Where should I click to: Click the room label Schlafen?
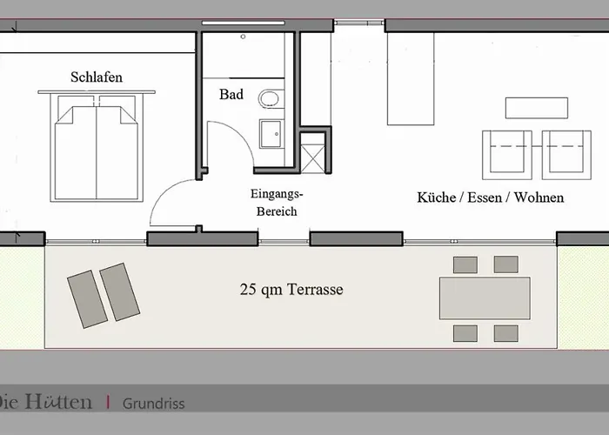pos(97,77)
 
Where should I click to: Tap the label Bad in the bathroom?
pos(231,94)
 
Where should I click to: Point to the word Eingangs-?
pos(277,193)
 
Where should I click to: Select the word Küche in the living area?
pos(436,197)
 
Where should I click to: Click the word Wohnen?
pos(539,197)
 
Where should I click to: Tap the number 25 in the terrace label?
pos(248,290)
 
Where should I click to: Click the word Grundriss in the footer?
pos(153,404)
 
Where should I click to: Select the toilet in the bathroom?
pos(271,98)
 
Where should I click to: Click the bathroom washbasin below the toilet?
pos(271,134)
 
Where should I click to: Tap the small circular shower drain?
pos(243,37)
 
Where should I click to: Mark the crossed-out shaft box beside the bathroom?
pos(312,158)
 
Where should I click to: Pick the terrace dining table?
pos(485,298)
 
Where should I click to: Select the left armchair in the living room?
pos(507,155)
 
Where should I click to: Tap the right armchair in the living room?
pos(566,155)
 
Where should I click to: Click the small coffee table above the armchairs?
pos(537,108)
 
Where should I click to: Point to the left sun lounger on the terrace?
pos(87,299)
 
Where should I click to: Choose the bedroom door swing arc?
pos(164,193)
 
